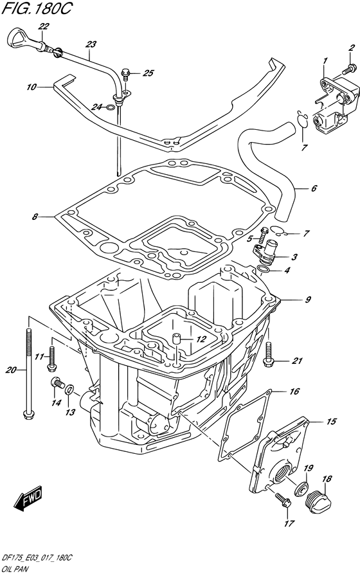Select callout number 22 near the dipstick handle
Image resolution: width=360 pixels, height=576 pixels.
coord(44,26)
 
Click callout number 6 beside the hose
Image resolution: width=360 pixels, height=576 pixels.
coord(314,188)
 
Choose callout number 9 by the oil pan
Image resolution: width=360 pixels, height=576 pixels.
coord(308,299)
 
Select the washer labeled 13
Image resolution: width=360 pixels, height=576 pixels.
coord(71,390)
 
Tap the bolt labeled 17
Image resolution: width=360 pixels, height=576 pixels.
coord(280,500)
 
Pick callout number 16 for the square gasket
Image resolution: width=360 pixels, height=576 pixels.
coord(293,391)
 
